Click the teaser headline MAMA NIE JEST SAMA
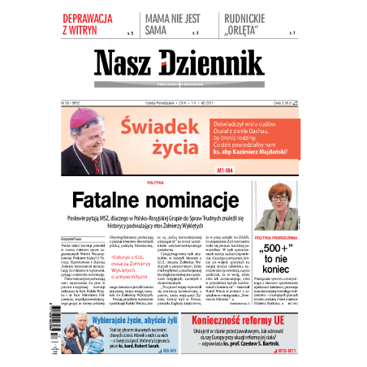click(x=170, y=24)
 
